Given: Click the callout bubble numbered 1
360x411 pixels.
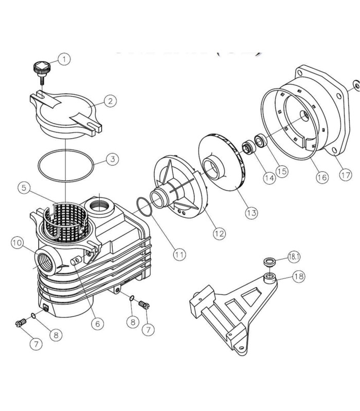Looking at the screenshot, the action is point(64,59).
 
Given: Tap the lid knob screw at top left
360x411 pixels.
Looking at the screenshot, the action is point(42,72).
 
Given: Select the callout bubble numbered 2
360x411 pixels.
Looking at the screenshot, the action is point(110,101).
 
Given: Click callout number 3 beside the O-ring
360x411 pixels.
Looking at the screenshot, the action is point(113,159).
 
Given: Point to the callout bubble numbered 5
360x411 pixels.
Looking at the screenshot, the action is point(24,188).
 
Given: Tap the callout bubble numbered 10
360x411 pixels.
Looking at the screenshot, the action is point(17,242).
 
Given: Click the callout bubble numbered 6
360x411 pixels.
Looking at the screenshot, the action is point(98,324).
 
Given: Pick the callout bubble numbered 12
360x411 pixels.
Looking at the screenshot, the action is point(219,233).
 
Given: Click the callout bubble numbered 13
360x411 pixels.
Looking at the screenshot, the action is point(251,213).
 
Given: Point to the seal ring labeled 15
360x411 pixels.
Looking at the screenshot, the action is point(261,140).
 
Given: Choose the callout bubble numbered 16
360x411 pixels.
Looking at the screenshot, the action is point(322,177).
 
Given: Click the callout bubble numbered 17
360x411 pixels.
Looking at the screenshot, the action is point(345,175).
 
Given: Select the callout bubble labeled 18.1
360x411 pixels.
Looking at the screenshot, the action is point(294,257).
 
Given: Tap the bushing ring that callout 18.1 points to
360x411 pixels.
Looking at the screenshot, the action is point(269,262).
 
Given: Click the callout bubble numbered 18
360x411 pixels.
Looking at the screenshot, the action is point(299,276).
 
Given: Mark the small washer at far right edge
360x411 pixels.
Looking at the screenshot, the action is point(357,86).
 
